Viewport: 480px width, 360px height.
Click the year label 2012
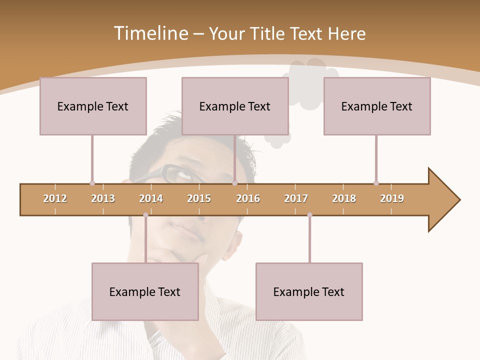point(55,198)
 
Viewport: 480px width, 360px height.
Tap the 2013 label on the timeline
point(103,198)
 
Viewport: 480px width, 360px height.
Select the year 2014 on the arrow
point(151,198)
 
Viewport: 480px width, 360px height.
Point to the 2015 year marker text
point(199,198)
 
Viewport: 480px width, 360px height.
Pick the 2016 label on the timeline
point(248,198)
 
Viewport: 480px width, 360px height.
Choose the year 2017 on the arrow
point(296,198)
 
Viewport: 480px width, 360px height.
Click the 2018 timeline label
point(344,198)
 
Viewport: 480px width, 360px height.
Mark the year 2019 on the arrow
point(392,198)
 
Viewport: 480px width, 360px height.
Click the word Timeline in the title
point(149,33)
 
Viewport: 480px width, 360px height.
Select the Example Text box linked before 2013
point(93,106)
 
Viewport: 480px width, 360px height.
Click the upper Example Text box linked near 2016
point(235,106)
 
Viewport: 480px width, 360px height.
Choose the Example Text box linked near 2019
point(377,106)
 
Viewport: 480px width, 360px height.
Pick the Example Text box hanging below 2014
point(145,291)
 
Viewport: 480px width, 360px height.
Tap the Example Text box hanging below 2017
point(309,291)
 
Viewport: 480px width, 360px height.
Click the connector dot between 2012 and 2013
point(92,183)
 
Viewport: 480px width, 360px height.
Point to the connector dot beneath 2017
point(309,215)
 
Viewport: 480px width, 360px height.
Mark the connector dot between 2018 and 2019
point(376,183)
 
